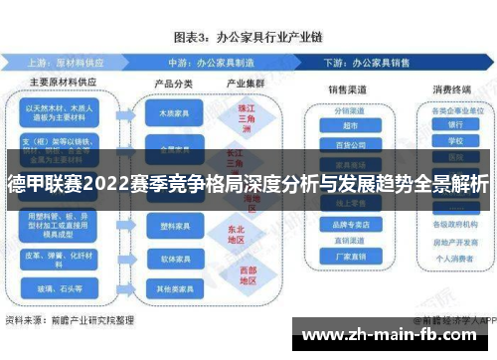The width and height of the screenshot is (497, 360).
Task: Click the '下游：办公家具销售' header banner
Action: click(x=393, y=60)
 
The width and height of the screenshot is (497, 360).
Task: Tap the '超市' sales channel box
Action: click(x=344, y=125)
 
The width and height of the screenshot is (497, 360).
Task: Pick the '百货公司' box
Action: click(x=344, y=143)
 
